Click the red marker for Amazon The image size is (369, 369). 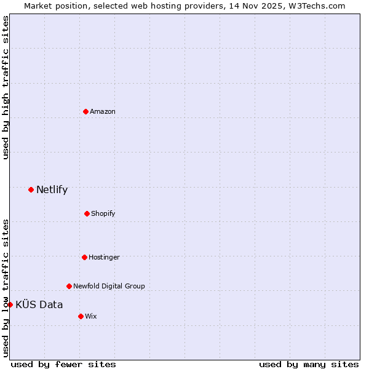85,111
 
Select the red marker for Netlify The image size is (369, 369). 31,189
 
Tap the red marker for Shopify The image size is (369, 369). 87,213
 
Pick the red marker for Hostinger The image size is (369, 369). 84,257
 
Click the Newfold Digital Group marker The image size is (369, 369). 69,286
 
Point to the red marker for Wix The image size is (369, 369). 81,316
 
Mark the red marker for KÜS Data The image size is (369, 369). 10,304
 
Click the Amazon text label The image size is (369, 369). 103,111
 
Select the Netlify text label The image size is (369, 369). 52,189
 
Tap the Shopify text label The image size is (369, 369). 103,213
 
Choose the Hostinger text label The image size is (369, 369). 104,257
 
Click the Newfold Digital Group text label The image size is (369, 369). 109,286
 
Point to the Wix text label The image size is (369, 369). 91,316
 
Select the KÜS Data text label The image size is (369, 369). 39,304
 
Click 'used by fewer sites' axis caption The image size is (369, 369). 63,364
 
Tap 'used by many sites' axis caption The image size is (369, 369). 309,364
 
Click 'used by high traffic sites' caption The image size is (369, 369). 6,87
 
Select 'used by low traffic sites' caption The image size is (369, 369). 6,287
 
